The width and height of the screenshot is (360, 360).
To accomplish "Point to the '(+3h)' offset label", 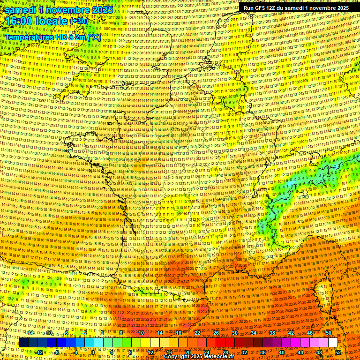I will click(x=78, y=22).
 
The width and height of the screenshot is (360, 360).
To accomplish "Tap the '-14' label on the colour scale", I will click(x=30, y=333).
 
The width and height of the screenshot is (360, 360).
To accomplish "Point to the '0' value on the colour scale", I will click(x=93, y=352).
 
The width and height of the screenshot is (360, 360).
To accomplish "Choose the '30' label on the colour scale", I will click(x=234, y=333).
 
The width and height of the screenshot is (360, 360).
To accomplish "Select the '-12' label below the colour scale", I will click(x=39, y=352).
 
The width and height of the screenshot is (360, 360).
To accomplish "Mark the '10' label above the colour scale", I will click(x=141, y=333).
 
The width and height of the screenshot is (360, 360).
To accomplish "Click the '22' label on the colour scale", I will click(x=197, y=333).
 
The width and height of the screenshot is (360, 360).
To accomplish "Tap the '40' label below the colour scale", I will click(x=282, y=352).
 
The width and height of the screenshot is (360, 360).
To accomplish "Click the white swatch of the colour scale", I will click(x=333, y=343).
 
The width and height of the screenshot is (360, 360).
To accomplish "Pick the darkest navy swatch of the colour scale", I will click(x=23, y=343).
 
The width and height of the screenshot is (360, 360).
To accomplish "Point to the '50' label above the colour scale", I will click(x=329, y=333).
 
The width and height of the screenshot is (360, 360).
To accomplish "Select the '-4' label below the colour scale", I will click(x=75, y=352).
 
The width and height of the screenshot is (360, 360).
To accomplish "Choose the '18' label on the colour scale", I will click(x=178, y=333).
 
